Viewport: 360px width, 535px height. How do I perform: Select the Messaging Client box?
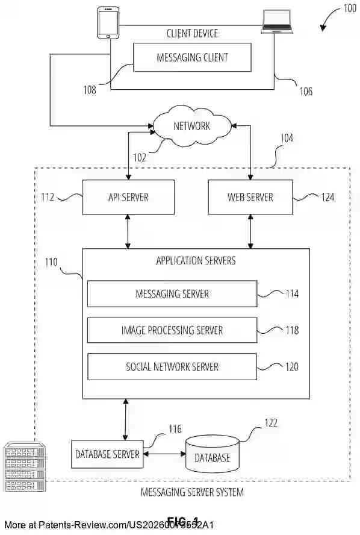[x=192, y=58]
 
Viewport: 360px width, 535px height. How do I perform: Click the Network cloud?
[x=192, y=126]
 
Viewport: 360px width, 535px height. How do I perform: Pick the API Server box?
[x=128, y=197]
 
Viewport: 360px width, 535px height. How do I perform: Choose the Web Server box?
[x=250, y=197]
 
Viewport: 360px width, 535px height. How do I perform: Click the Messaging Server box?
[x=172, y=293]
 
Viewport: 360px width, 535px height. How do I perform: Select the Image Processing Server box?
[x=172, y=330]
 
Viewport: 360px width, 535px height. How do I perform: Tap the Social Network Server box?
[x=172, y=367]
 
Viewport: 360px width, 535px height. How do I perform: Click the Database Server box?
[x=108, y=454]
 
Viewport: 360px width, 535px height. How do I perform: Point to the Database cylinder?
[x=212, y=455]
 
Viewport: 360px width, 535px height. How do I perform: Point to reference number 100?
[x=349, y=8]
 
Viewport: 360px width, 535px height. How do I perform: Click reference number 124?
[x=327, y=196]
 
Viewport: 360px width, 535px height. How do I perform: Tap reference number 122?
[x=270, y=423]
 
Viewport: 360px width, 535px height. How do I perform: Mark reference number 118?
[x=292, y=330]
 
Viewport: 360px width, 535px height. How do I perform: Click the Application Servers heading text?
[x=196, y=261]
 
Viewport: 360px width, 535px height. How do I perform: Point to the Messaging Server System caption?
[x=192, y=492]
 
